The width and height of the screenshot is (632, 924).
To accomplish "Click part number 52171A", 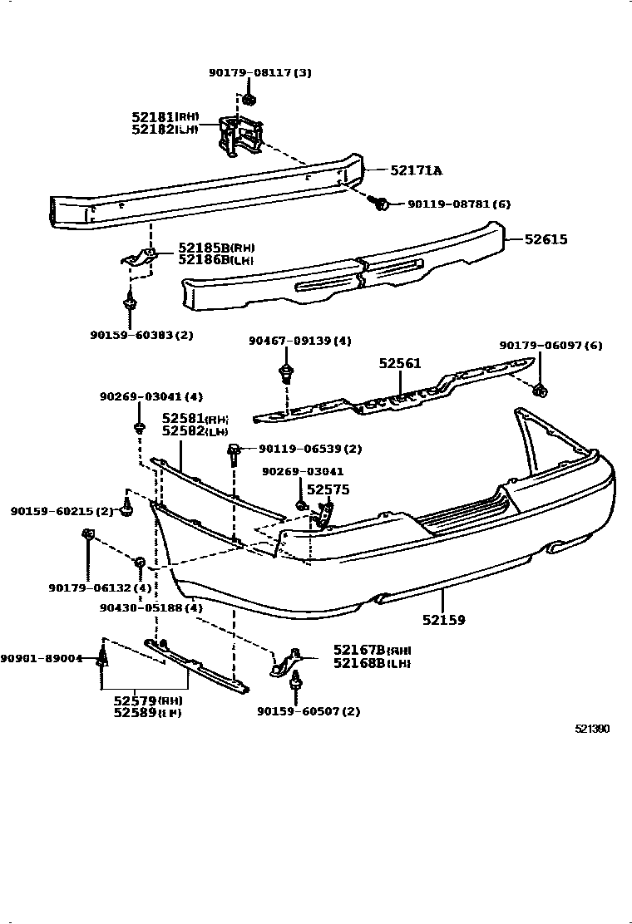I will (x=416, y=171).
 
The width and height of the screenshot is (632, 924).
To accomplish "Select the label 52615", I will (x=546, y=239).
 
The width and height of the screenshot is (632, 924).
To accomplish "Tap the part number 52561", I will (x=400, y=363).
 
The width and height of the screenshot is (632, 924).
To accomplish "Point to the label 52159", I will (x=443, y=619).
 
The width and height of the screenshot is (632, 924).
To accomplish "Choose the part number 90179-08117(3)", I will (x=259, y=73).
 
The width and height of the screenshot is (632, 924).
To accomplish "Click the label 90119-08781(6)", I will (x=458, y=204).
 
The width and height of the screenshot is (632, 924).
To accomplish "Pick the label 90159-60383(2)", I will (x=141, y=335).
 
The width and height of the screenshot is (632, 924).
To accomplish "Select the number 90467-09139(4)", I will (x=300, y=341).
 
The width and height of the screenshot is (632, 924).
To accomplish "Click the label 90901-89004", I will (x=42, y=658).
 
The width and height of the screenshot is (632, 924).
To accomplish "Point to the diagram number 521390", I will (x=592, y=730).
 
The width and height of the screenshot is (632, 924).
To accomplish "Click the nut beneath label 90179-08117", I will (x=249, y=101).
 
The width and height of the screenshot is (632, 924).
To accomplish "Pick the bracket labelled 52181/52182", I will (x=239, y=136).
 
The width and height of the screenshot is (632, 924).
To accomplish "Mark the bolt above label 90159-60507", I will (x=295, y=686).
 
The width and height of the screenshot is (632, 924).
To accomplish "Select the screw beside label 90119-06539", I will (x=235, y=451).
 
